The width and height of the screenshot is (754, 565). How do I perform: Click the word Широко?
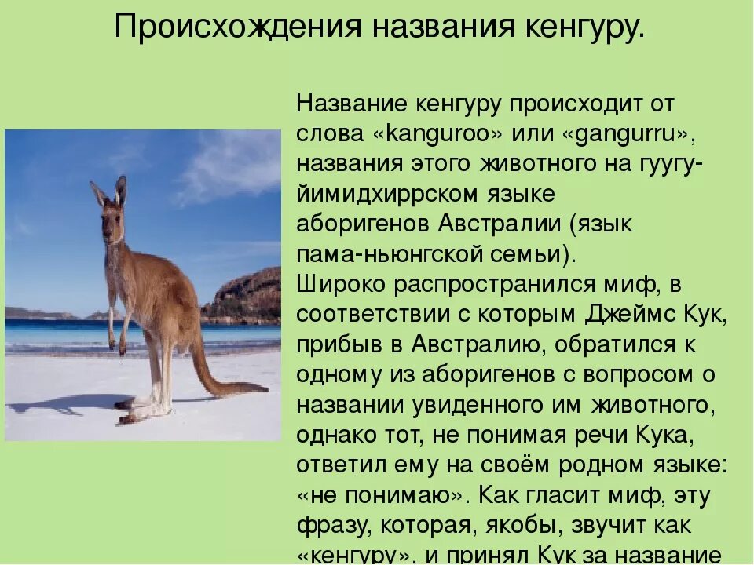click(340, 285)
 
